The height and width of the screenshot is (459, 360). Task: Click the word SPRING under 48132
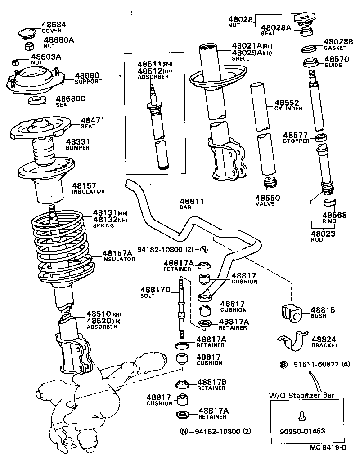pos(103,225)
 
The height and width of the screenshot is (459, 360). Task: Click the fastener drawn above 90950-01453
pos(302,416)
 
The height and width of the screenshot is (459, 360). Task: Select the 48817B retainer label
pos(211,382)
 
